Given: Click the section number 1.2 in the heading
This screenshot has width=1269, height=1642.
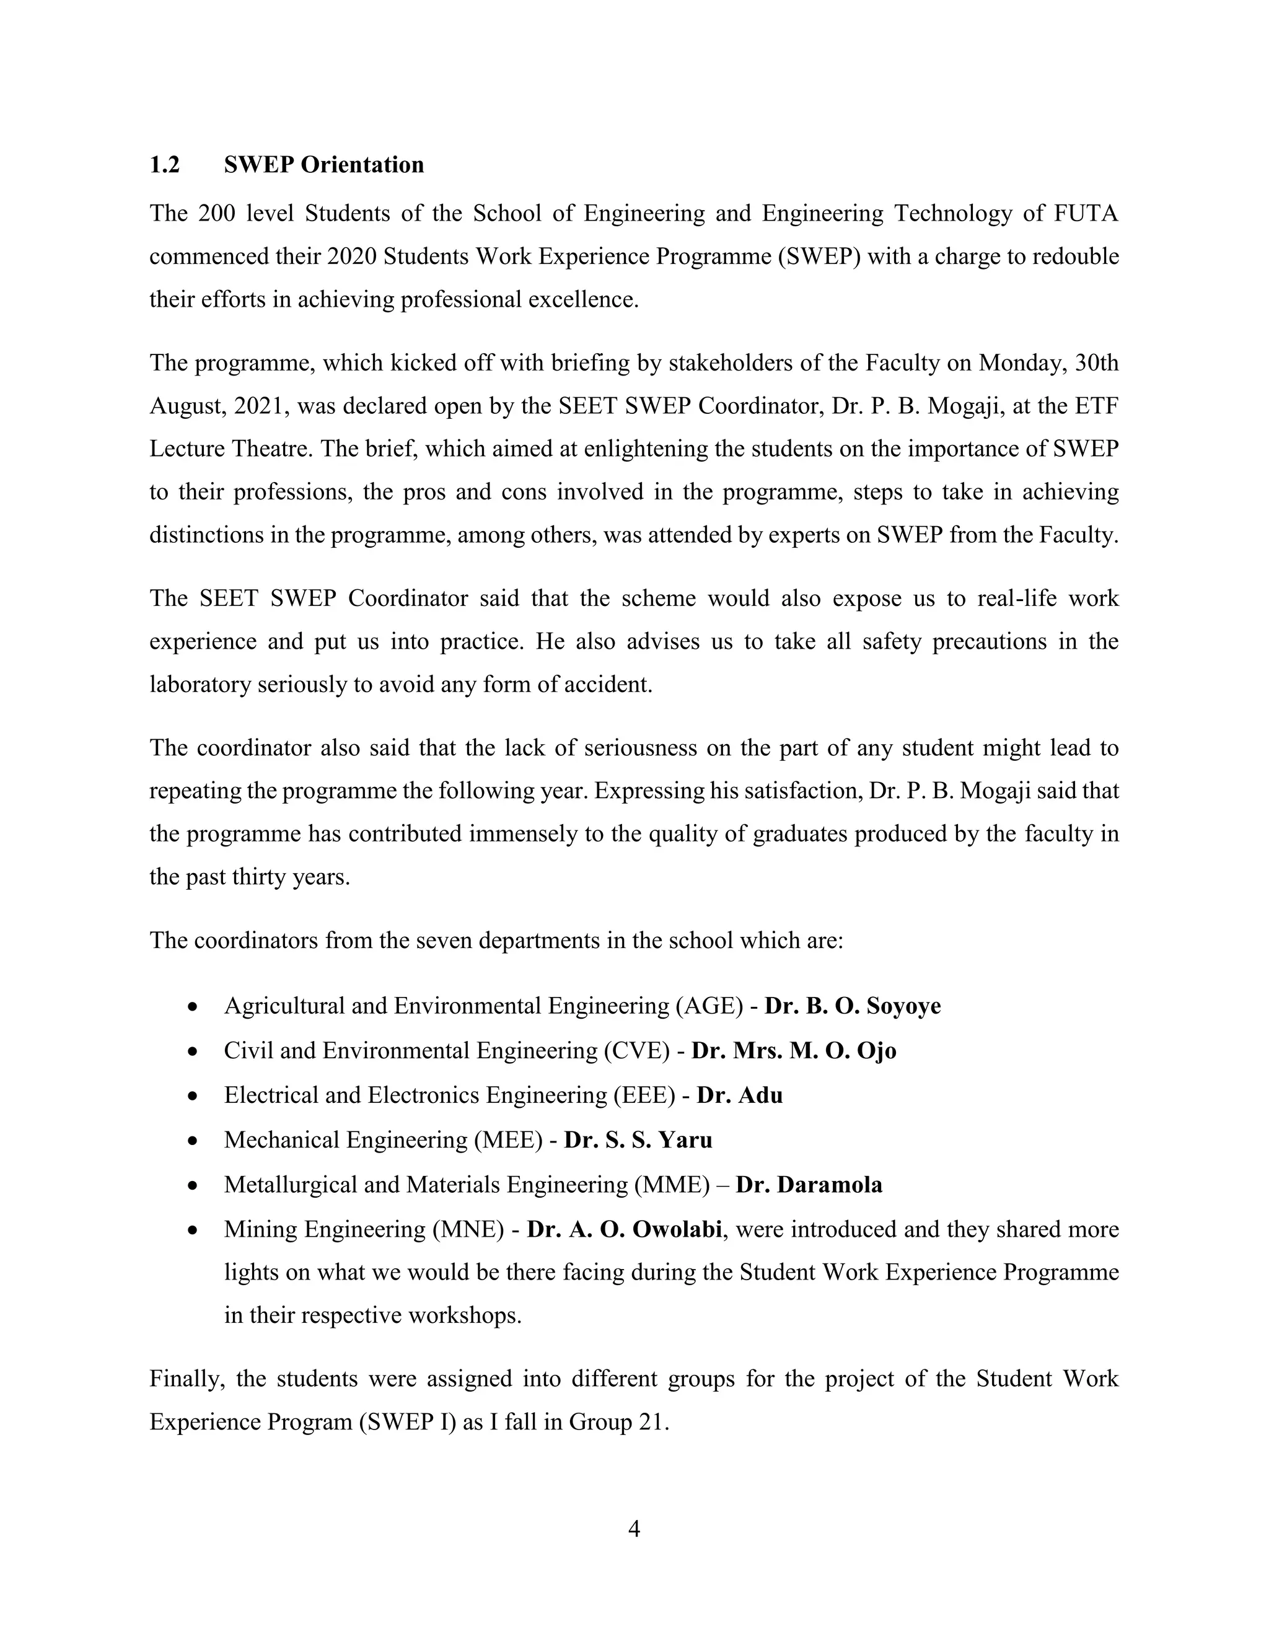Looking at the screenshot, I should point(165,165).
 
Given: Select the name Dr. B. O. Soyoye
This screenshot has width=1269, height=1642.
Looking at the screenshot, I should point(853,1006).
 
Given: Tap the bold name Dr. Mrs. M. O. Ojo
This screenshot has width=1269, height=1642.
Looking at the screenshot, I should point(794,1050).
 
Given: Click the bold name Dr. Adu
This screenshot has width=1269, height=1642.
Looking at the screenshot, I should point(740,1095).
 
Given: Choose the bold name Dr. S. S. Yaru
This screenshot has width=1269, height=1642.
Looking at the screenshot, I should point(638,1139).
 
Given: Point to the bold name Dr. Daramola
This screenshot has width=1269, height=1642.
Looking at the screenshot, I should point(809,1184).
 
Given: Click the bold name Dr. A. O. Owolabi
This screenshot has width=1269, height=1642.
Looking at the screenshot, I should point(625,1229).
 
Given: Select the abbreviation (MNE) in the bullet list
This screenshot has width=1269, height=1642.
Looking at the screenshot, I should point(468,1229).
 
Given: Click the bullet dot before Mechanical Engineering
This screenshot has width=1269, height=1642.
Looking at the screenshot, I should point(193,1141).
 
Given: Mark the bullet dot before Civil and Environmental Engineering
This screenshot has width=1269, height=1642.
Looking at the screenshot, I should point(193,1052).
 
